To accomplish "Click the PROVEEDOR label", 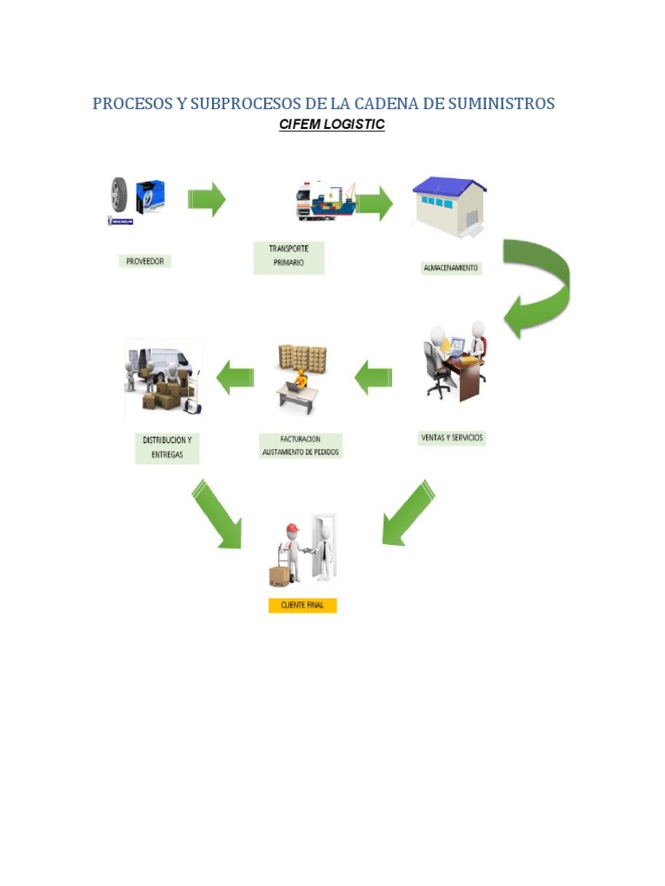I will coord(145,260).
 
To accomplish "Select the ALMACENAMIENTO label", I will coord(449,268).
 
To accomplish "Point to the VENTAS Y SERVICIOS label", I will coord(452,439).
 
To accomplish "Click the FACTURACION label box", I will coord(300,446).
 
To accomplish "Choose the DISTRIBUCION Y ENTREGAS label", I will coord(167,447).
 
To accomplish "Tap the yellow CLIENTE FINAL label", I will coord(302,606).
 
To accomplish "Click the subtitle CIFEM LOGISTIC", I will coord(332,125).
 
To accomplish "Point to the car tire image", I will coord(119,196).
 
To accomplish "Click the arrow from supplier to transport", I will coord(207,199).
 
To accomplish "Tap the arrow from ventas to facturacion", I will coord(373,376).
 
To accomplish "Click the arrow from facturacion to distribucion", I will coord(236,377).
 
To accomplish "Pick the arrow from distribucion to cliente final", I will coord(216,516).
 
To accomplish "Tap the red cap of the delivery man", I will coord(292,528).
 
